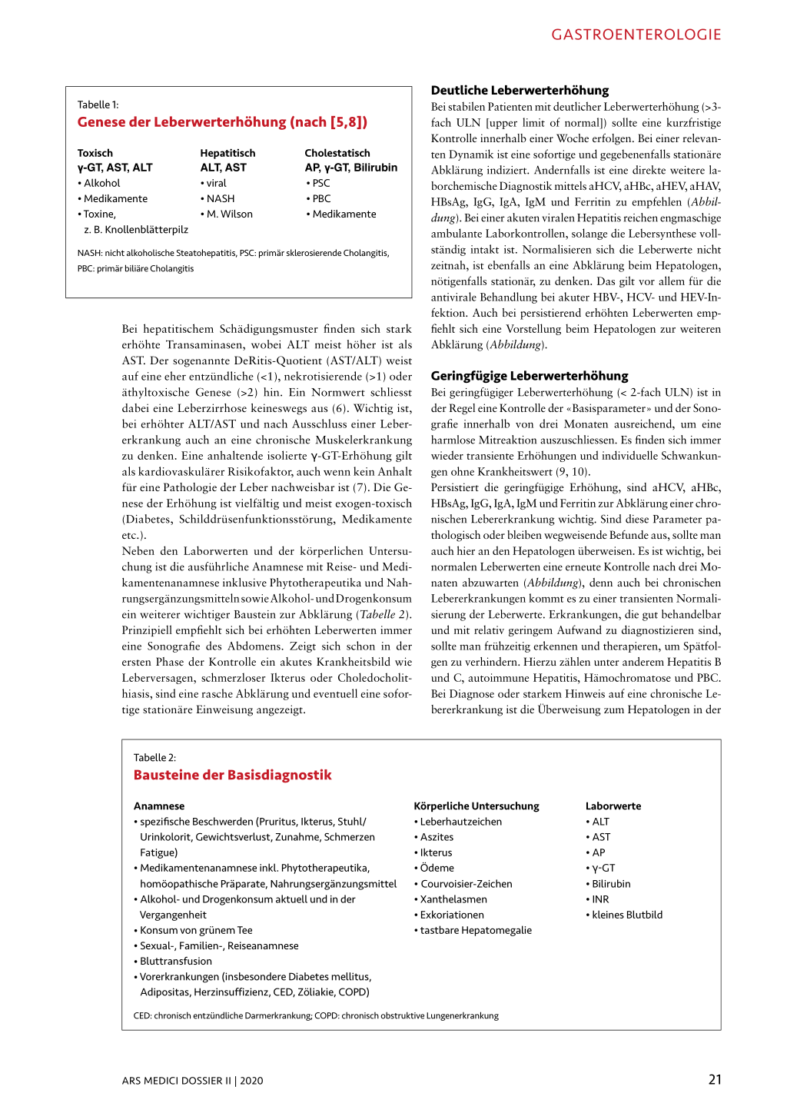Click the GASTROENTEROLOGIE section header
coord(636,35)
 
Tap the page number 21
coord(715,1079)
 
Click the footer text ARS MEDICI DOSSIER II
coord(176,1081)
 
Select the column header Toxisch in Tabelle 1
coord(95,153)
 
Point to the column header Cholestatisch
coord(337,153)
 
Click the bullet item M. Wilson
coord(229,214)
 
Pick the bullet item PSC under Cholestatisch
coord(320,183)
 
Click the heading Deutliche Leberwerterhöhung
coord(520,90)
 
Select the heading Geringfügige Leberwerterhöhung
coord(530,376)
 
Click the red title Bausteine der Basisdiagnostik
coord(233,775)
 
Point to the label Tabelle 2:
coord(154,757)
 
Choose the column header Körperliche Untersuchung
coord(477,806)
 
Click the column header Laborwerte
coord(613,806)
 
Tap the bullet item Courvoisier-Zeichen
coord(466,884)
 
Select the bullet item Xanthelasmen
coord(453,899)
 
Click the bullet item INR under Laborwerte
coord(600,899)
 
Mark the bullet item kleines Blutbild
coord(627,915)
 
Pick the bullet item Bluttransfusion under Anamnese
coord(176,961)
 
